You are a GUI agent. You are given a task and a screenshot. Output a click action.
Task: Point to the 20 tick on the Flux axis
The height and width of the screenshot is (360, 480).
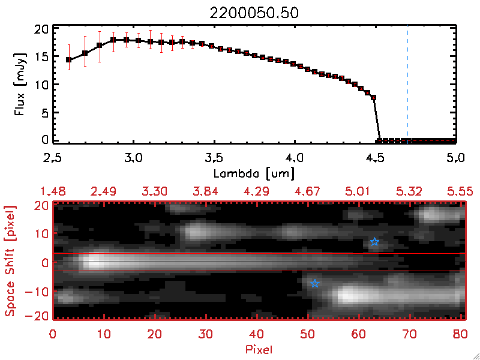pyautogui.click(x=40, y=29)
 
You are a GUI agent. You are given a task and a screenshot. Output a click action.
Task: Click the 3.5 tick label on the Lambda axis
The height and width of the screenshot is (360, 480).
pyautogui.click(x=214, y=158)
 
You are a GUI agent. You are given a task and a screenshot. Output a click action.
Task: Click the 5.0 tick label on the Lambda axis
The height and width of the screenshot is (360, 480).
pyautogui.click(x=454, y=158)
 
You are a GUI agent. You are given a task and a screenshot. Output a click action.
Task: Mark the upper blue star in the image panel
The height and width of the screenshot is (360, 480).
pyautogui.click(x=374, y=242)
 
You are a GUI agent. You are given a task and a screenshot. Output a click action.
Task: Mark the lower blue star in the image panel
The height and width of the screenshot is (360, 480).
pyautogui.click(x=314, y=283)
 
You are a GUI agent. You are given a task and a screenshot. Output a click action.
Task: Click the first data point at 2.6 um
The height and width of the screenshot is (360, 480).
pyautogui.click(x=69, y=60)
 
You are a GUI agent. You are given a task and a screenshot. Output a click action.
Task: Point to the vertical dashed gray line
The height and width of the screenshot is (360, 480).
pyautogui.click(x=408, y=84)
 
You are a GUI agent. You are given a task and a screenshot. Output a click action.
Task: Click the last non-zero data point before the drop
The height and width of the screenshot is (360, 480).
pyautogui.click(x=373, y=97)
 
